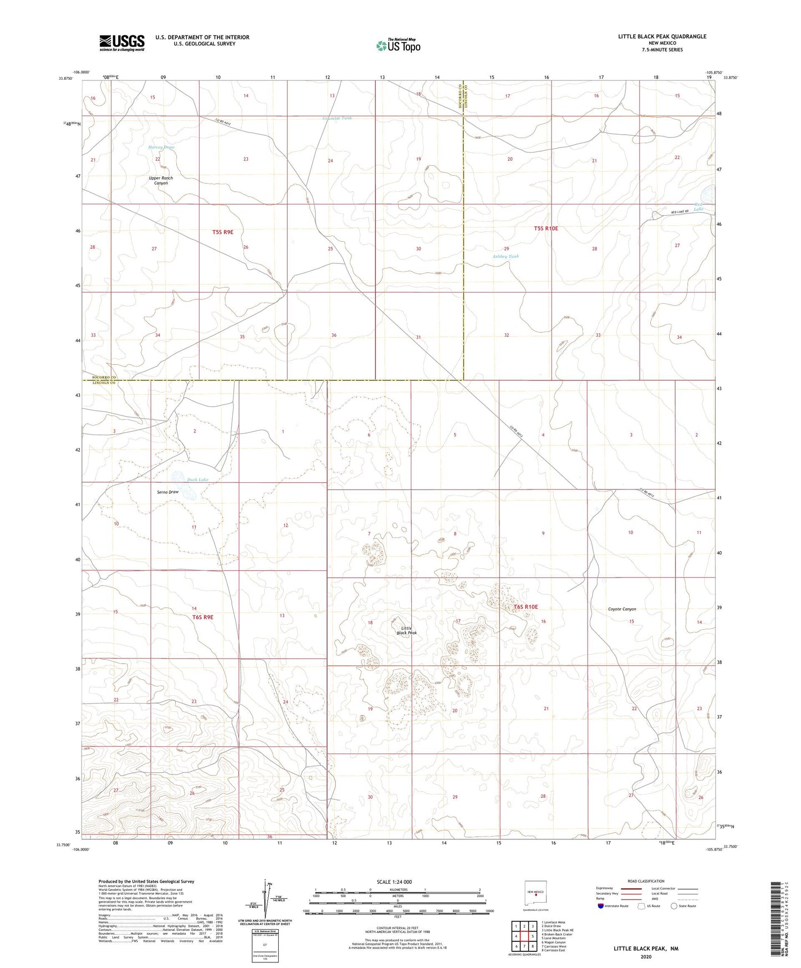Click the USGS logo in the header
(x=121, y=43)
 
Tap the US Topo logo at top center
(x=397, y=45)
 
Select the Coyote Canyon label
(x=622, y=609)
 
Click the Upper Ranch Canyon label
(x=161, y=181)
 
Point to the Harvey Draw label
(x=161, y=147)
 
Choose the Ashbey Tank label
(x=506, y=257)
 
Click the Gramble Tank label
(x=337, y=118)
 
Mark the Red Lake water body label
(x=699, y=207)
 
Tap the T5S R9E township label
(x=223, y=232)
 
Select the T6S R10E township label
(x=526, y=607)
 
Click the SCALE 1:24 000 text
(x=394, y=882)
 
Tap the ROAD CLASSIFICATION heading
(x=645, y=881)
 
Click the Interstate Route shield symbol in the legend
(x=601, y=906)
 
